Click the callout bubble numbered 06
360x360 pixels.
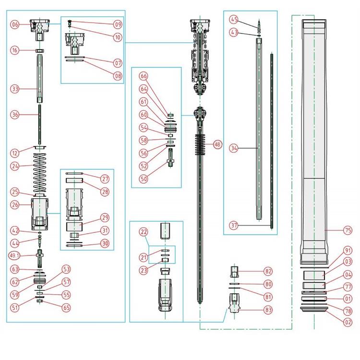click(15, 24)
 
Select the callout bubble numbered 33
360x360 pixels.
click(15, 89)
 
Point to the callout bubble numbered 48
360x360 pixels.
click(217, 144)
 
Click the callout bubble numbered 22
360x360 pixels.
click(143, 232)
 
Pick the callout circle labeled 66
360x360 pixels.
click(144, 76)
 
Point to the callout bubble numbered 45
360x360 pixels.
click(234, 20)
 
